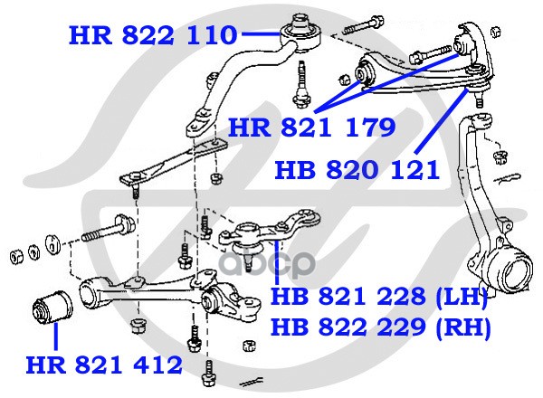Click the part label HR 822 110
[153, 35]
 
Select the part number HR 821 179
[311, 128]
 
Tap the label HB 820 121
[357, 170]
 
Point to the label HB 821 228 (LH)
[379, 297]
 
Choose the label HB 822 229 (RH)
[381, 327]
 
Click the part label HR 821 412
[104, 365]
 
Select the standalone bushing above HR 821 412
[52, 308]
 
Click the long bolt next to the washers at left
[108, 228]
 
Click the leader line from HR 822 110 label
[262, 33]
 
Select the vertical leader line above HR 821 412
[55, 336]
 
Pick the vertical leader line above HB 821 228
[276, 263]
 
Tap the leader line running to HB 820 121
[441, 121]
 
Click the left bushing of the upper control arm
[364, 73]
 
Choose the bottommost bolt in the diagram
[208, 374]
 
